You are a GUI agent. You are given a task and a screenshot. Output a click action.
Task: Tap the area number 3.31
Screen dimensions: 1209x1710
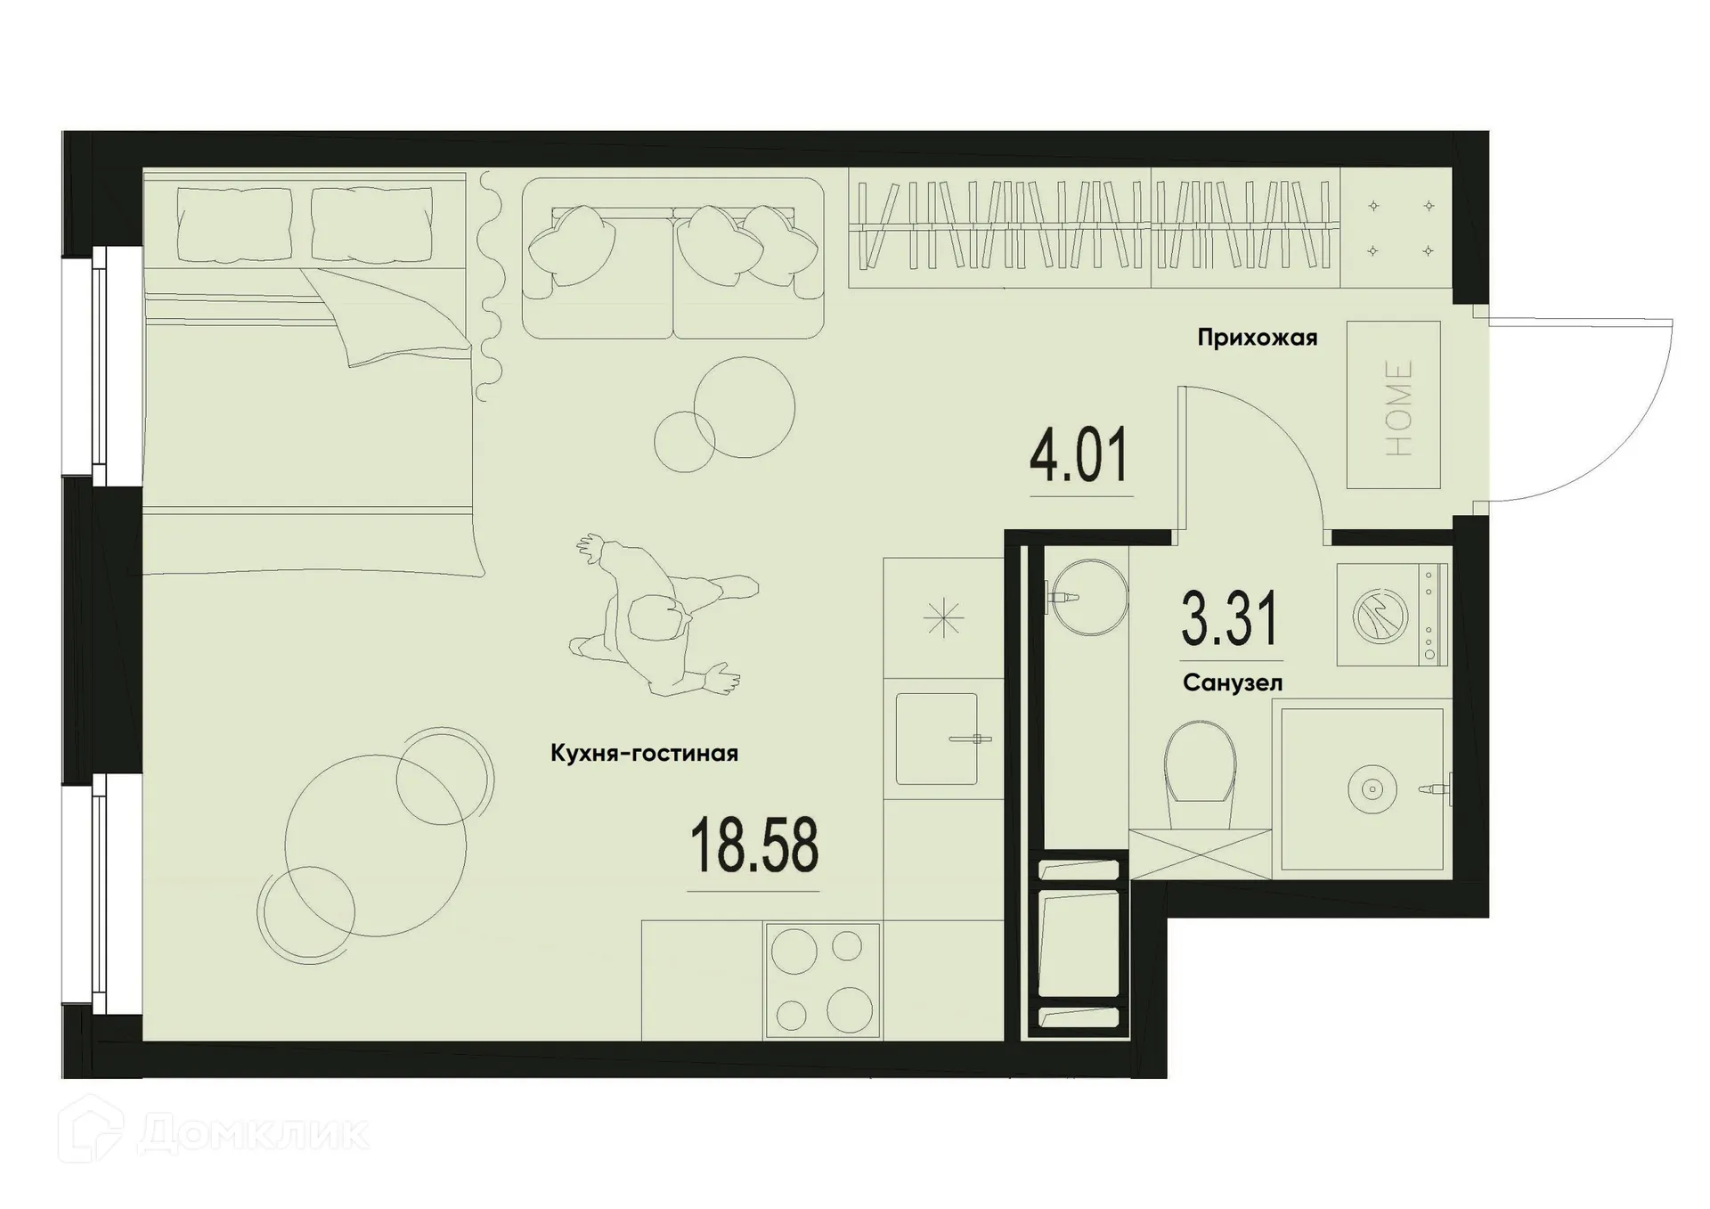pyautogui.click(x=1230, y=618)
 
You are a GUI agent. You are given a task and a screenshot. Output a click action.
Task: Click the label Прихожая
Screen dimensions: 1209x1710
pyautogui.click(x=1257, y=339)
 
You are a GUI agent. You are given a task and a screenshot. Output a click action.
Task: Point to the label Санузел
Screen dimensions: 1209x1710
pyautogui.click(x=1233, y=683)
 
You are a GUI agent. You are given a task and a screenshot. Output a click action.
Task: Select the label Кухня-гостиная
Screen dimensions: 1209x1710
pyautogui.click(x=644, y=754)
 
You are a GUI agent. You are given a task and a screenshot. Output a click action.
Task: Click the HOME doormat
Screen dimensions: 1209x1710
pyautogui.click(x=1393, y=405)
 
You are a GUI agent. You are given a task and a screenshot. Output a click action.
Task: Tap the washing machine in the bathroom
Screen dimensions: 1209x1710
pyautogui.click(x=1391, y=615)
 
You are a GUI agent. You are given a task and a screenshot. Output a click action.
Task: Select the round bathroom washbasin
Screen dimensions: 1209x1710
pyautogui.click(x=1088, y=597)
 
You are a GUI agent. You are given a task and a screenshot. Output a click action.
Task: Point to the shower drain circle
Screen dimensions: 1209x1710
pyautogui.click(x=1372, y=788)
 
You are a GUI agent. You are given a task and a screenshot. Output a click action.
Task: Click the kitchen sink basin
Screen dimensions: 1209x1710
pyautogui.click(x=937, y=739)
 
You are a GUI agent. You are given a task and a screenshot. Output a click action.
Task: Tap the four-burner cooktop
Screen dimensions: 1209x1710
pyautogui.click(x=821, y=981)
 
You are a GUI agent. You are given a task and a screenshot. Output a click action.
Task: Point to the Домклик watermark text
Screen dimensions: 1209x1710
pyautogui.click(x=253, y=1134)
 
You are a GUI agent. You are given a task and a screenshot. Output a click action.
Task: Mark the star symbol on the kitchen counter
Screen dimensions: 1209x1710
pyautogui.click(x=943, y=617)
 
